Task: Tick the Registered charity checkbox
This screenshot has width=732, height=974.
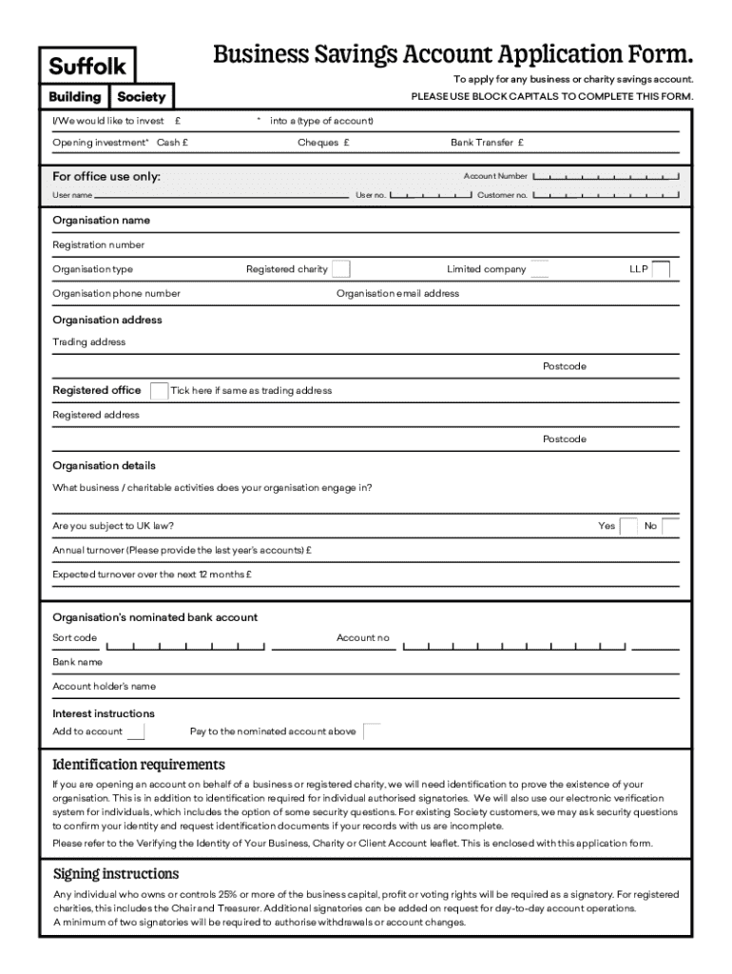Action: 340,269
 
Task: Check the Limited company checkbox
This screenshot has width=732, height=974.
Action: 539,269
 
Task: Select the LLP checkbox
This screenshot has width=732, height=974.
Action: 661,269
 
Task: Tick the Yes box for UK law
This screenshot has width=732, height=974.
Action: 628,526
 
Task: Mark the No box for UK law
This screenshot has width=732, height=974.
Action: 670,526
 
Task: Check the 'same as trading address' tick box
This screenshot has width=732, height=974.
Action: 160,391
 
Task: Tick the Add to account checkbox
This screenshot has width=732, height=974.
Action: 136,731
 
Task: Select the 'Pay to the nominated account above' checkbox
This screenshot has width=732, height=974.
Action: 372,731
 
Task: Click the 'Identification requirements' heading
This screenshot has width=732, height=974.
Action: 139,765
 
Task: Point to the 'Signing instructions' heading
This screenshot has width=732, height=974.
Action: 116,873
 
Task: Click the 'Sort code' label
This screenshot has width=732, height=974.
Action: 74,637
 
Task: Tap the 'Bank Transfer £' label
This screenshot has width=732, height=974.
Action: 487,143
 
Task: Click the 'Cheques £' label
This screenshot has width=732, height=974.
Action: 323,143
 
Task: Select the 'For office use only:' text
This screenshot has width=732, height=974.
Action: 106,177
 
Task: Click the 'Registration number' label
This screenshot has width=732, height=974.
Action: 99,244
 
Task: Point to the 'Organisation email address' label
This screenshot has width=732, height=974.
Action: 397,293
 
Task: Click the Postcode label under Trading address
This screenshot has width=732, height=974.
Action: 565,366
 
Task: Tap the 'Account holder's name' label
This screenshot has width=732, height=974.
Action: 104,686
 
